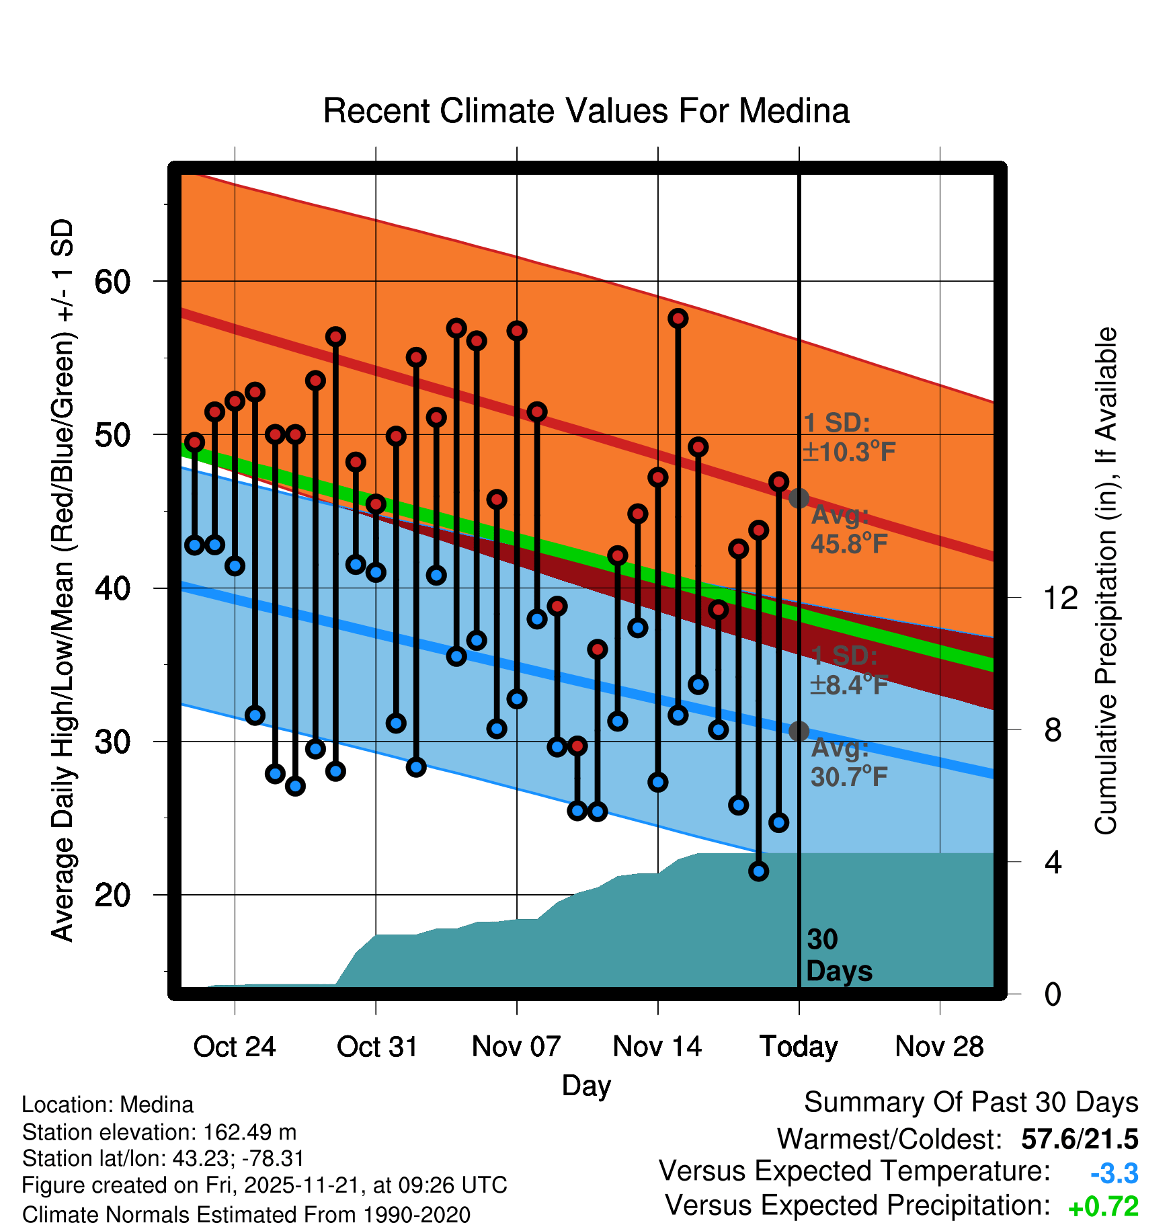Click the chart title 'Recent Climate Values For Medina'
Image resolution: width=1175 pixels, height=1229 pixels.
tap(586, 111)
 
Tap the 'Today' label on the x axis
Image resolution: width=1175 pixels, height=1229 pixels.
tap(799, 1047)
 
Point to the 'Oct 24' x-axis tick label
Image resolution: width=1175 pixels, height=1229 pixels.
tap(235, 1047)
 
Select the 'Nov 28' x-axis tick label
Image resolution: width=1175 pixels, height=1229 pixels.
tap(939, 1047)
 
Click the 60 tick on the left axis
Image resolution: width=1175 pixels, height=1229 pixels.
tap(112, 282)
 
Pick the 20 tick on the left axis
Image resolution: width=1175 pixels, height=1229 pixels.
tap(112, 895)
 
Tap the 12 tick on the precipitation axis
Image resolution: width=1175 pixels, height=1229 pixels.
tap(1061, 598)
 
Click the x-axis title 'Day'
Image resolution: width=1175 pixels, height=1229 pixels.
tap(586, 1086)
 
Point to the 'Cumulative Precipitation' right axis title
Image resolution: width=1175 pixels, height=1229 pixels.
tap(1106, 581)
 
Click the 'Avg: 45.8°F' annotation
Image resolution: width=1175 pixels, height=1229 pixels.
tap(848, 530)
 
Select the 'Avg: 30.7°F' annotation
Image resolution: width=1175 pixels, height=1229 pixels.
tap(849, 762)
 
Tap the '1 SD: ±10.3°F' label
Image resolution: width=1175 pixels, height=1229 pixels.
tap(849, 438)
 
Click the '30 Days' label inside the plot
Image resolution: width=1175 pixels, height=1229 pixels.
tap(838, 955)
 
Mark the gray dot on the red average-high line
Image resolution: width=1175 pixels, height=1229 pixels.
tap(799, 498)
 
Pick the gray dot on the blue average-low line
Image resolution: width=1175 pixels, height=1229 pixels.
tap(799, 731)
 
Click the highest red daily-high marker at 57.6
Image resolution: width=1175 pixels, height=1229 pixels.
tap(678, 319)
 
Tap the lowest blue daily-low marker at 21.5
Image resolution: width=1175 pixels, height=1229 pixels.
tap(758, 871)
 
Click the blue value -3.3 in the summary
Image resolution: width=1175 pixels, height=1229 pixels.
tap(1114, 1173)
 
